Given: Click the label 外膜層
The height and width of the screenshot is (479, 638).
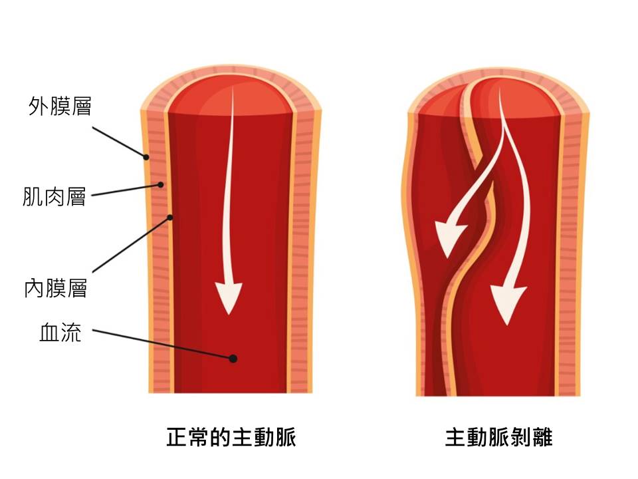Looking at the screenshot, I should point(60,106).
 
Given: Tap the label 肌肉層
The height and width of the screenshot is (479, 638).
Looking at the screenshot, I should point(54,197).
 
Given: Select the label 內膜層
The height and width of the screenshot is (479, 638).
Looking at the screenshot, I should point(56,289).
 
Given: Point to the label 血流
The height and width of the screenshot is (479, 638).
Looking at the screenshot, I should point(60,333).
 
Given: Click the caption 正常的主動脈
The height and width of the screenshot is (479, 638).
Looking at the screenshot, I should point(231,438).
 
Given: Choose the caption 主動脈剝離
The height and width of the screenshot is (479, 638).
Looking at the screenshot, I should point(498,438).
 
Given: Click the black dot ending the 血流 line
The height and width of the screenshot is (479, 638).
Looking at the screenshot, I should point(233,359).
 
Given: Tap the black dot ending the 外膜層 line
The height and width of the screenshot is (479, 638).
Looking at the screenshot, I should point(146,157).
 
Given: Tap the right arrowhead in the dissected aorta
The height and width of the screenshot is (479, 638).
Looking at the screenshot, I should point(506,303).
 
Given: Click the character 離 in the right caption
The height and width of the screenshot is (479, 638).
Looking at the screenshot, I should point(542,438).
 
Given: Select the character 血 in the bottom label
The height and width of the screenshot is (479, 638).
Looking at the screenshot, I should point(50,333).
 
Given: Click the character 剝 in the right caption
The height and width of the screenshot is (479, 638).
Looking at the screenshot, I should point(520,438).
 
